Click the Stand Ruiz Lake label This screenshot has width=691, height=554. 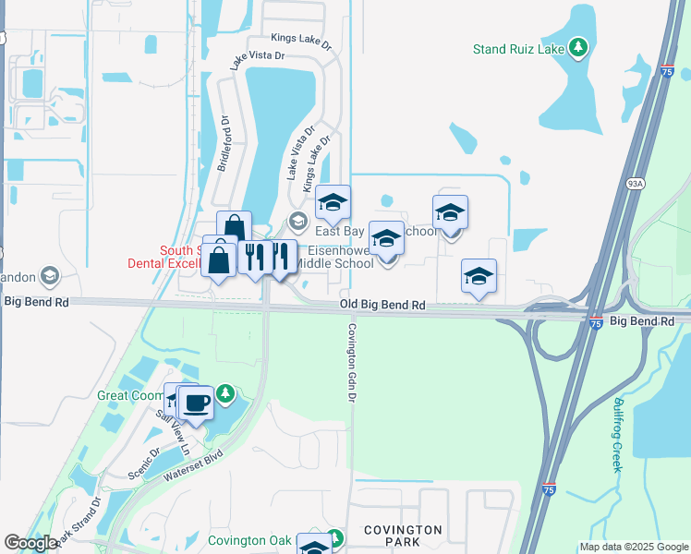518,49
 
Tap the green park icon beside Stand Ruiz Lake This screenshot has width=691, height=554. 578,46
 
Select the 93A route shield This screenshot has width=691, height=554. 634,184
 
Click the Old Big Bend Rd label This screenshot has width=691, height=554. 382,304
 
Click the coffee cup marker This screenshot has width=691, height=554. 195,403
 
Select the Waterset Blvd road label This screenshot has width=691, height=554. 194,464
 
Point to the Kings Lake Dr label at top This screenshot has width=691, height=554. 300,38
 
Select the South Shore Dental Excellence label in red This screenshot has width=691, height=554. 164,256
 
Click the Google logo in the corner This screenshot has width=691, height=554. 30,543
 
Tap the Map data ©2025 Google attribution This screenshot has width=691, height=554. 634,548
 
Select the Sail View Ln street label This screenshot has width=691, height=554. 173,431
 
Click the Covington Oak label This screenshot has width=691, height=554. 249,540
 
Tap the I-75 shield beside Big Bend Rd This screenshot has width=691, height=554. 596,322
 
